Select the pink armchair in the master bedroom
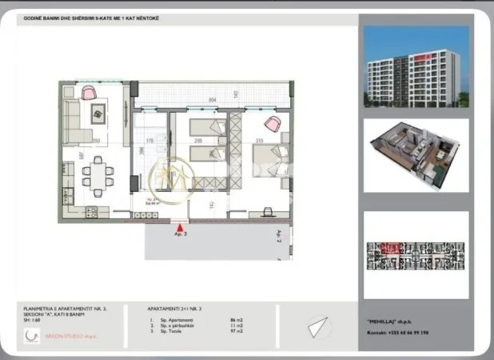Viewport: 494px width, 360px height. point(273,124)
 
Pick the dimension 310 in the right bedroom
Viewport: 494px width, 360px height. point(258,141)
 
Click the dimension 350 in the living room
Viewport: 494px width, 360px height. point(95,141)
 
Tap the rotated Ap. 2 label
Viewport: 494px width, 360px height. point(279,236)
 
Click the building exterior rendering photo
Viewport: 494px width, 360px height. point(416,69)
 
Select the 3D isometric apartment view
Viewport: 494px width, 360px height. point(416,156)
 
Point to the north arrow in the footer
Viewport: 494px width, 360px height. point(318,327)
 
